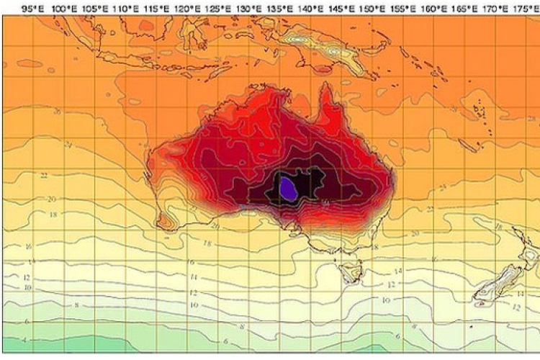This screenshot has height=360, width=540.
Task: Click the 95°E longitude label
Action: pyautogui.click(x=32, y=8)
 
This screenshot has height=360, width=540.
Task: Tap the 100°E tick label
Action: pyautogui.click(x=63, y=8)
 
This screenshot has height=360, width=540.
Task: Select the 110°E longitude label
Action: pyautogui.click(x=125, y=8)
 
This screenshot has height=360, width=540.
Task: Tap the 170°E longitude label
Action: pyautogui.click(x=495, y=8)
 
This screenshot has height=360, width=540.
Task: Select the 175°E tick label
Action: pyautogui.click(x=524, y=8)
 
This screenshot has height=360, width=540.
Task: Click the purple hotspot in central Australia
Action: pyautogui.click(x=288, y=189)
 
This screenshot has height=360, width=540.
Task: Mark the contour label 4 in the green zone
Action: pyautogui.click(x=24, y=338)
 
